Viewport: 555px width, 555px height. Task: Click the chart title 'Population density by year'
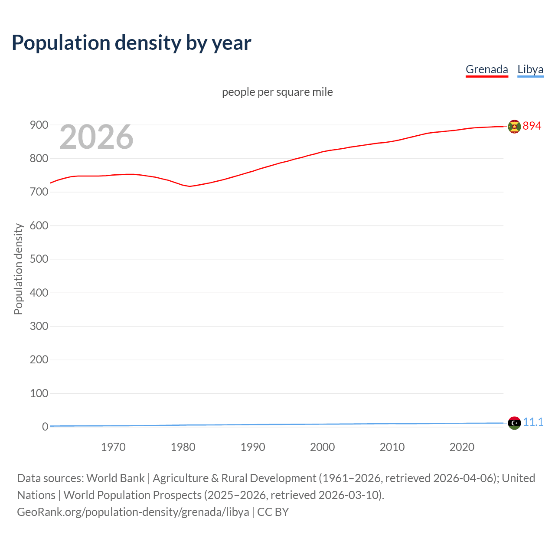pyautogui.click(x=131, y=43)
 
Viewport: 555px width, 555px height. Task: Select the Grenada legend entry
pyautogui.click(x=486, y=69)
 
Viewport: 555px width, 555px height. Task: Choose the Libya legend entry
pyautogui.click(x=530, y=69)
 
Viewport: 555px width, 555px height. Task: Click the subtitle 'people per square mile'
pyautogui.click(x=277, y=92)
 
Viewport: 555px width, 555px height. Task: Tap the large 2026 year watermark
pyautogui.click(x=96, y=137)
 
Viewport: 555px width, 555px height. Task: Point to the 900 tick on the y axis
pyautogui.click(x=39, y=125)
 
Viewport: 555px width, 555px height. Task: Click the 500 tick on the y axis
pyautogui.click(x=39, y=259)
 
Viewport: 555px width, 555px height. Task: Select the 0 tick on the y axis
pyautogui.click(x=45, y=427)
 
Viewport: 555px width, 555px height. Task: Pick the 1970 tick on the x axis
pyautogui.click(x=113, y=447)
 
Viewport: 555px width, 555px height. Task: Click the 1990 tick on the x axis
pyautogui.click(x=253, y=447)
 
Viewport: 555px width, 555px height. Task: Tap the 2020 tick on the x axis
pyautogui.click(x=462, y=447)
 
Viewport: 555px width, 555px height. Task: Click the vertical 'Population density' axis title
pyautogui.click(x=18, y=269)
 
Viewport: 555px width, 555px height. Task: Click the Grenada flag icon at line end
pyautogui.click(x=514, y=127)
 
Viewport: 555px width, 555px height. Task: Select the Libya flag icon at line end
pyautogui.click(x=514, y=422)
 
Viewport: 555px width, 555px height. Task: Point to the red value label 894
pyautogui.click(x=532, y=126)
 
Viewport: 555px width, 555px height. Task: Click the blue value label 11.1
pyautogui.click(x=533, y=422)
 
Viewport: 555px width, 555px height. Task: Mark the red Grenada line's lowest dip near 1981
pyautogui.click(x=190, y=186)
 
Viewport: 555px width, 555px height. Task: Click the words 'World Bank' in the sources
pyautogui.click(x=115, y=478)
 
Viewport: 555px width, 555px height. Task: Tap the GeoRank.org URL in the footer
pyautogui.click(x=133, y=512)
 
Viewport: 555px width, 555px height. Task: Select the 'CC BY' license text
pyautogui.click(x=273, y=512)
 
